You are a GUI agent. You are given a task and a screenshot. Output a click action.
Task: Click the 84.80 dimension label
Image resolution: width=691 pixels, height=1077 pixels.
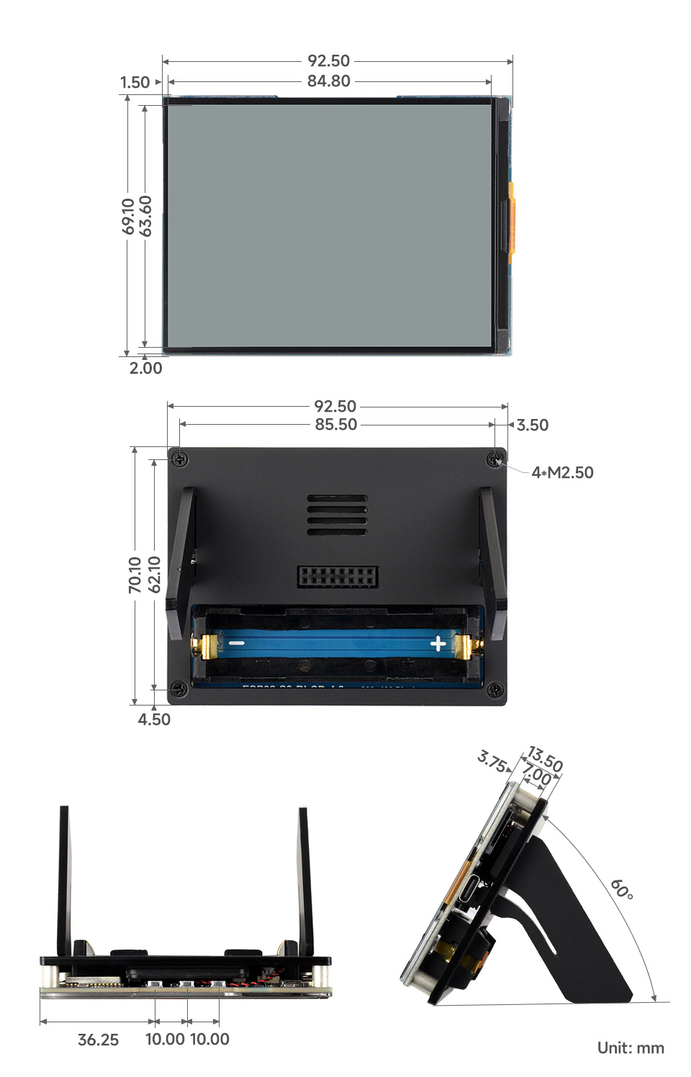[329, 81]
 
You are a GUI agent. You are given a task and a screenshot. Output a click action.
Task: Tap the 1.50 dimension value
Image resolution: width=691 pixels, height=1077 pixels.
[135, 83]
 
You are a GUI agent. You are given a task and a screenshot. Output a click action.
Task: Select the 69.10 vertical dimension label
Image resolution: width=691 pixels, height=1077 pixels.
[128, 217]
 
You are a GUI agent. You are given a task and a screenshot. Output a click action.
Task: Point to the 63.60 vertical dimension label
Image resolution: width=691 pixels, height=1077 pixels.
[146, 216]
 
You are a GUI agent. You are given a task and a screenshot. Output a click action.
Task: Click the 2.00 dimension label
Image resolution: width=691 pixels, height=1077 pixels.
[146, 369]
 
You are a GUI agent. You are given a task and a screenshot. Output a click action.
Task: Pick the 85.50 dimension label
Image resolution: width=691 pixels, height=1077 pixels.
[336, 425]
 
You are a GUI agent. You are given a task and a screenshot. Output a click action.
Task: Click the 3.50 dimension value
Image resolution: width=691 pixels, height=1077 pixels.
[533, 425]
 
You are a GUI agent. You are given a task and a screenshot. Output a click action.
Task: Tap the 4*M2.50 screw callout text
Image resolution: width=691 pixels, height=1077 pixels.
[562, 473]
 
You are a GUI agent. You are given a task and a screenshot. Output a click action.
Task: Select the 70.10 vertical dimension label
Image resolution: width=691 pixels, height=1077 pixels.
[135, 575]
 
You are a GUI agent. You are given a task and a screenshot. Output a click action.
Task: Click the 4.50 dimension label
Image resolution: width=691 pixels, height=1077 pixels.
[154, 719]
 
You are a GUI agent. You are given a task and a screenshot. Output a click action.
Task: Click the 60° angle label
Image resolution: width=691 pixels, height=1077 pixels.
[622, 890]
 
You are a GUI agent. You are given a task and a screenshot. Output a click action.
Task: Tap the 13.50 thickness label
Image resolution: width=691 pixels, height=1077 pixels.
[545, 760]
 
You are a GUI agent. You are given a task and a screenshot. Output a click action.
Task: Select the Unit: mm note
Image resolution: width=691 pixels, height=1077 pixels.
[631, 1048]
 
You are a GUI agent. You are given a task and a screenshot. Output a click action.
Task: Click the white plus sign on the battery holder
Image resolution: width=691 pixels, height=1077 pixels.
[438, 644]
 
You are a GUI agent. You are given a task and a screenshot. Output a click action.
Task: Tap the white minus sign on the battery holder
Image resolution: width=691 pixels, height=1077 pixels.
[237, 643]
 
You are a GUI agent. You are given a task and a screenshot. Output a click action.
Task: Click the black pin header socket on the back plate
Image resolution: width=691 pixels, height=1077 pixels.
[338, 576]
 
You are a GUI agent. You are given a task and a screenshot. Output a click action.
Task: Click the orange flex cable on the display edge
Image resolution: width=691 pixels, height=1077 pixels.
[511, 220]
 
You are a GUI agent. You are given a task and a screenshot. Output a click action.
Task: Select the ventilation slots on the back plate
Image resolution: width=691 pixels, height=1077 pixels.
[337, 515]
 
